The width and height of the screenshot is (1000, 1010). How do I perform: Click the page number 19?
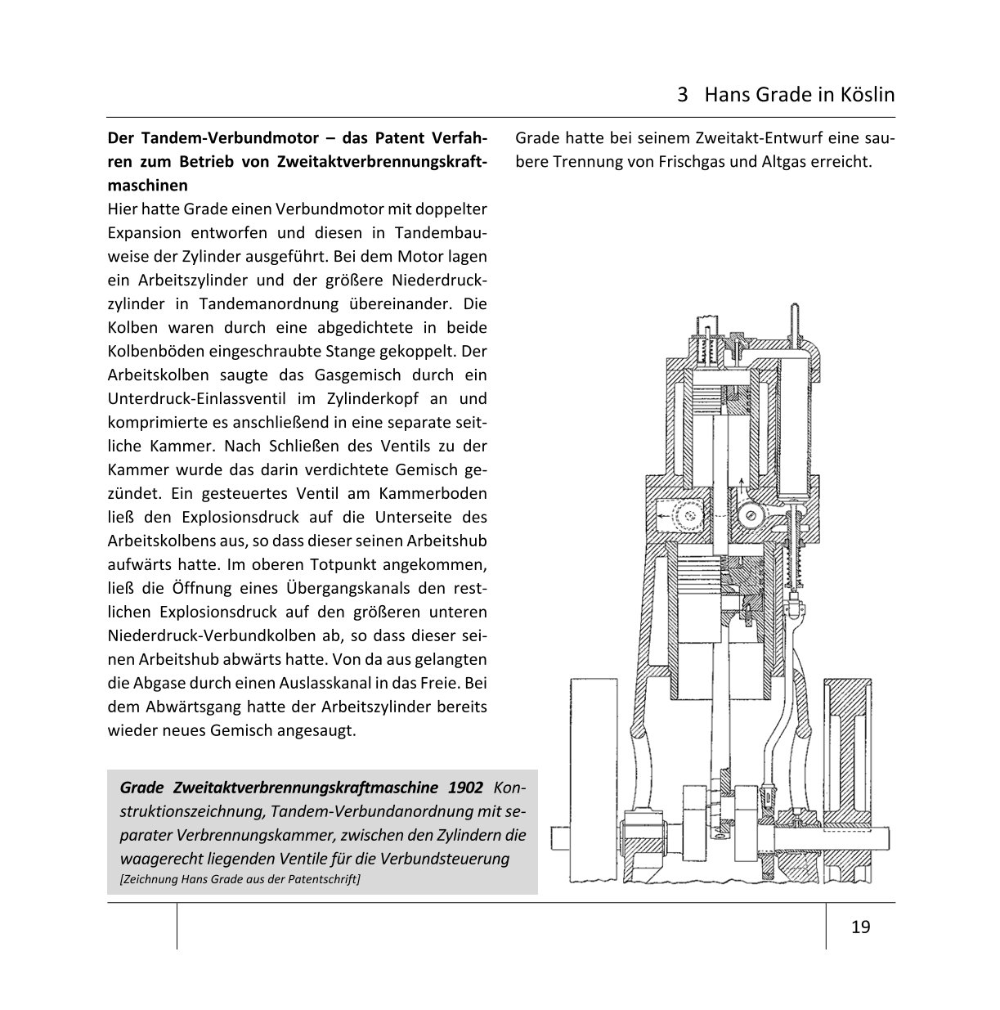pyautogui.click(x=860, y=927)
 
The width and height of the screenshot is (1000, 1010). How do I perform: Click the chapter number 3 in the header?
pyautogui.click(x=683, y=95)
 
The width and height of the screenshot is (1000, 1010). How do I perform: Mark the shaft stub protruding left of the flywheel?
pyautogui.click(x=559, y=837)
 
